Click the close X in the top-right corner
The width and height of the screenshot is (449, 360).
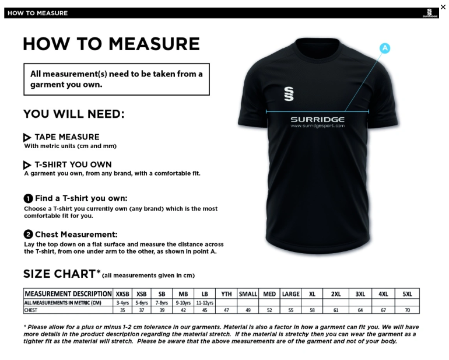(443, 7)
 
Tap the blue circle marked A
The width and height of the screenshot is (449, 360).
(385, 48)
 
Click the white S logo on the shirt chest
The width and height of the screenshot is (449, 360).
(289, 93)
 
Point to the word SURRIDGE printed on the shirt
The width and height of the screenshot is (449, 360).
(317, 119)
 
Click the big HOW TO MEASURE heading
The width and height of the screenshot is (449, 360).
(111, 44)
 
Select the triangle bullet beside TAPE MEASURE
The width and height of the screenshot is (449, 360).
(27, 138)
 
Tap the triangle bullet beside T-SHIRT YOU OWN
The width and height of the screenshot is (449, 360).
(27, 165)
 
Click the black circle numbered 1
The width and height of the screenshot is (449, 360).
(28, 198)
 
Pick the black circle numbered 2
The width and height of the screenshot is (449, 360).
(28, 235)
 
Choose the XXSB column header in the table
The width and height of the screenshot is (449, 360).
(122, 294)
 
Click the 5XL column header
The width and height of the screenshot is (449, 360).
(407, 294)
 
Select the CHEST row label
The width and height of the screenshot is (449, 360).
(30, 310)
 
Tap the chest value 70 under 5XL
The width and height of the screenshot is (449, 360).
(407, 310)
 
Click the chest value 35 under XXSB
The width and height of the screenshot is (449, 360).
(122, 310)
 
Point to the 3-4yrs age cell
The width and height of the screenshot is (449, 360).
(122, 303)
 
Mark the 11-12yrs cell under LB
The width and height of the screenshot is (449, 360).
(205, 303)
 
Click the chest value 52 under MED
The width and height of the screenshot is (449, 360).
(269, 310)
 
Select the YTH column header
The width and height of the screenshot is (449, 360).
(226, 294)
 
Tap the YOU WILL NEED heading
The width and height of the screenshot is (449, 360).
(73, 114)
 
